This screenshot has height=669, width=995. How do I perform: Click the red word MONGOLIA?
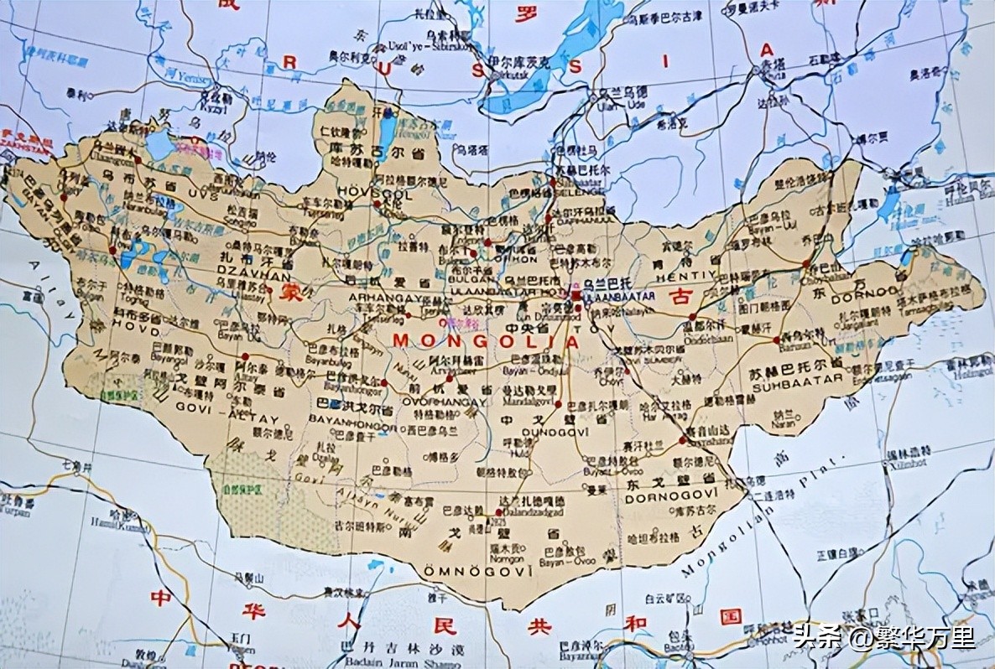click(x=486, y=341)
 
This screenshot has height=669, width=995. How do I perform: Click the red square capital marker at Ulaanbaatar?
click(x=576, y=295)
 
